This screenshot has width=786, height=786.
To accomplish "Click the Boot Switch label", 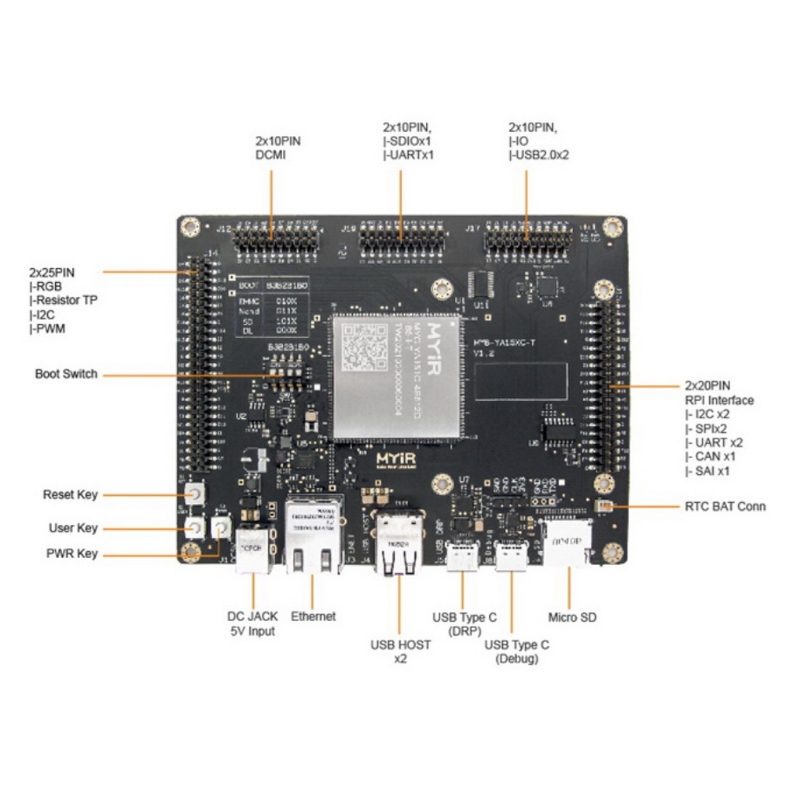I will pyautogui.click(x=66, y=373).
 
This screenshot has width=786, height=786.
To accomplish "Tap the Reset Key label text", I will pyautogui.click(x=70, y=494).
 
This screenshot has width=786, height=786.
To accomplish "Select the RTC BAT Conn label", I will pyautogui.click(x=725, y=506).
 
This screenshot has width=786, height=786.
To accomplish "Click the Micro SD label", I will pyautogui.click(x=571, y=617).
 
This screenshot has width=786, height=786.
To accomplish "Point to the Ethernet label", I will pyautogui.click(x=313, y=616).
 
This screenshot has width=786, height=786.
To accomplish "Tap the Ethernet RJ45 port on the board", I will pyautogui.click(x=312, y=536).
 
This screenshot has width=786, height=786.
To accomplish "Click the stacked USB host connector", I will pyautogui.click(x=398, y=542).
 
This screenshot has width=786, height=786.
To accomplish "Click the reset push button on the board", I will pyautogui.click(x=193, y=494).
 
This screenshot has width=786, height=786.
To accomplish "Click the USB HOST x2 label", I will pyautogui.click(x=401, y=651).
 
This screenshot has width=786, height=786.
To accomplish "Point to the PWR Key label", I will pyautogui.click(x=72, y=553).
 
